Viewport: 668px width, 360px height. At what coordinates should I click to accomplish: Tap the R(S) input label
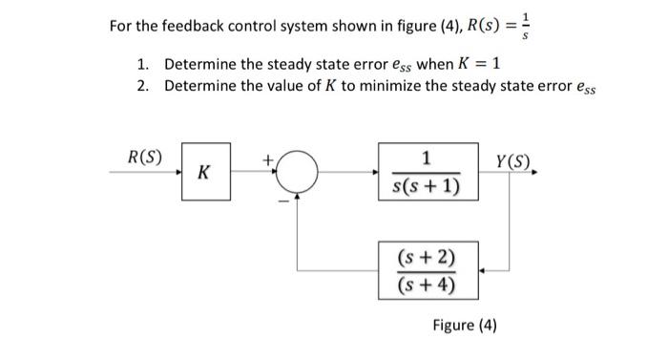(144, 157)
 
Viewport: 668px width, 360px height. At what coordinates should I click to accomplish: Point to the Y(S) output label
(516, 159)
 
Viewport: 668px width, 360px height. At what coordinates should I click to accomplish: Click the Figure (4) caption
(464, 325)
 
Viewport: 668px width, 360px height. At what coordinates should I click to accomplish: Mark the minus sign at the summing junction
(281, 200)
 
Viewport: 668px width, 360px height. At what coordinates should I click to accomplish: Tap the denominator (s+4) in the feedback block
(427, 284)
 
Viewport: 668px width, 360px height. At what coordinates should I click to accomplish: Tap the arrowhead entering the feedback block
(481, 270)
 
